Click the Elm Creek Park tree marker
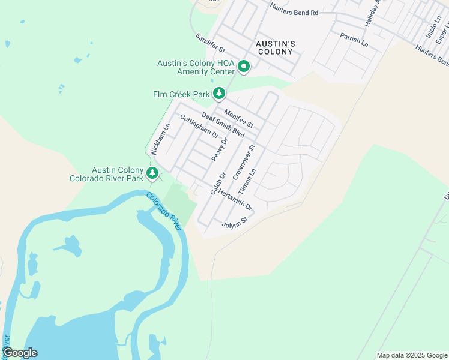[x=220, y=93]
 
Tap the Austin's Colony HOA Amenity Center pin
[x=244, y=66]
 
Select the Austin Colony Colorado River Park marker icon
[x=153, y=173]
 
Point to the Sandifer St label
[x=210, y=42]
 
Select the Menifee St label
[x=239, y=118]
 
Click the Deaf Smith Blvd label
[x=223, y=126]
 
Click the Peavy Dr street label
[x=218, y=149]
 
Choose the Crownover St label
[x=244, y=162]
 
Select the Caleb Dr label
[x=217, y=184]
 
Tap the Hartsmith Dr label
[x=236, y=200]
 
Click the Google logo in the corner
[x=19, y=353]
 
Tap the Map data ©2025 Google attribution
[x=411, y=355]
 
